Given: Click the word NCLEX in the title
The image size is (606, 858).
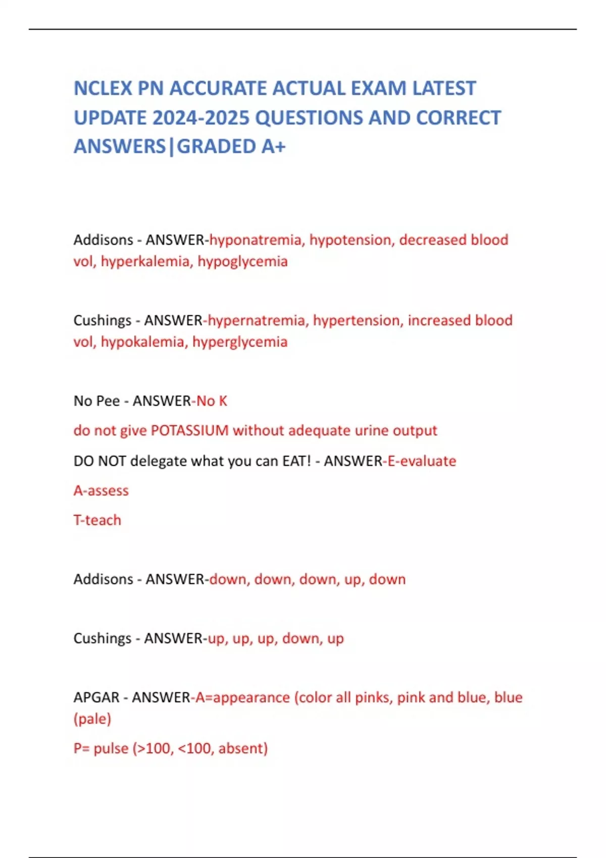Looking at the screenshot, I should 104,88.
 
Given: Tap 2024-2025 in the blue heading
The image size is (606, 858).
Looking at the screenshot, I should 202,118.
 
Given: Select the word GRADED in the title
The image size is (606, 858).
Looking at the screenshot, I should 217,146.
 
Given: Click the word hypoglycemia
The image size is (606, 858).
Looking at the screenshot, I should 242,261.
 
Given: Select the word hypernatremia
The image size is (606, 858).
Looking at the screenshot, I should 257,320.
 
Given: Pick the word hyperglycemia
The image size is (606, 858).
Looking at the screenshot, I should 240,342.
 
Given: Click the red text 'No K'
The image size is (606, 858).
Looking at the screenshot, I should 212,401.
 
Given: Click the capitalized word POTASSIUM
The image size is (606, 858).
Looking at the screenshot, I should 190,431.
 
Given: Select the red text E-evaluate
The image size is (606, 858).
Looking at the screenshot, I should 422,461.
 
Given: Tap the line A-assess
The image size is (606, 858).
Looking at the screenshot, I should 101,491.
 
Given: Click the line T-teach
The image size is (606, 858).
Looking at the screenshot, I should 97,520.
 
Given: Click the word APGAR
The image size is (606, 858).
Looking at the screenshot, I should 96,698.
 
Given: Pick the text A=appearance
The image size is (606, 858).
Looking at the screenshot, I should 242,698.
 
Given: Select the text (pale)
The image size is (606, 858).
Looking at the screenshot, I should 92,719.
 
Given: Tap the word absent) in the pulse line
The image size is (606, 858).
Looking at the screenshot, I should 243,748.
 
